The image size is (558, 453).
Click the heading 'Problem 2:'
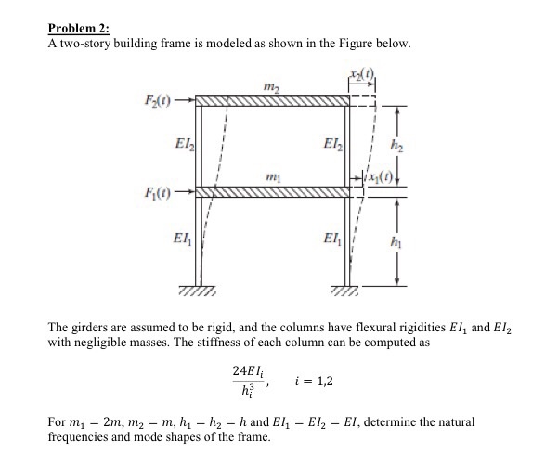tap(78, 29)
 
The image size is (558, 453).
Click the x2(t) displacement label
tap(360, 75)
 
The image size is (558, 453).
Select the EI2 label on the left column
tap(184, 144)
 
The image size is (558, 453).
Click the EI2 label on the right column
tap(331, 144)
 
